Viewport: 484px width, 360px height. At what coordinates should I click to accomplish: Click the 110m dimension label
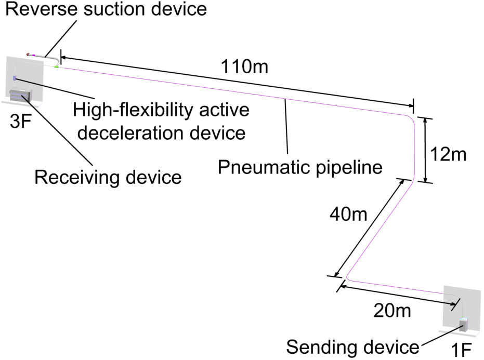click(244, 66)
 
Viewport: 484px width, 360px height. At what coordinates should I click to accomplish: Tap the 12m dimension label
click(448, 154)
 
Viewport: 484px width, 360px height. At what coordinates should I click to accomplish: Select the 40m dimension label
click(348, 214)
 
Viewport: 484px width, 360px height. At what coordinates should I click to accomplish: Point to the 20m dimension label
click(392, 310)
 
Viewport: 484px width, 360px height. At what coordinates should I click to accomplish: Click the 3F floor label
click(21, 121)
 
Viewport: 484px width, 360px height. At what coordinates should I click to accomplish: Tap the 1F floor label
click(461, 350)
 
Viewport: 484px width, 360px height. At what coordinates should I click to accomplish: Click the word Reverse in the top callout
click(42, 9)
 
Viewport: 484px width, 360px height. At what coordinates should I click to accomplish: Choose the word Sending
click(322, 347)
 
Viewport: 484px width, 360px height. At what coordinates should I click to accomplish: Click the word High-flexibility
click(133, 110)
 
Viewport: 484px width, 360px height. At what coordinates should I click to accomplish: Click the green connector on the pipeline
click(57, 66)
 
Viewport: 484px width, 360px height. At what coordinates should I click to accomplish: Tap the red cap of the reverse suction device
click(29, 55)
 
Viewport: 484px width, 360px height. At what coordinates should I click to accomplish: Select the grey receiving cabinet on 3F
click(21, 95)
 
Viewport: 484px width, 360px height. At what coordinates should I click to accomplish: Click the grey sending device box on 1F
click(464, 325)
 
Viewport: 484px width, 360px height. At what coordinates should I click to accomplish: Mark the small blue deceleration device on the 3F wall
click(14, 78)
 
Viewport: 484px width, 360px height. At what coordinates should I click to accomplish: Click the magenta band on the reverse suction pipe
click(34, 55)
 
